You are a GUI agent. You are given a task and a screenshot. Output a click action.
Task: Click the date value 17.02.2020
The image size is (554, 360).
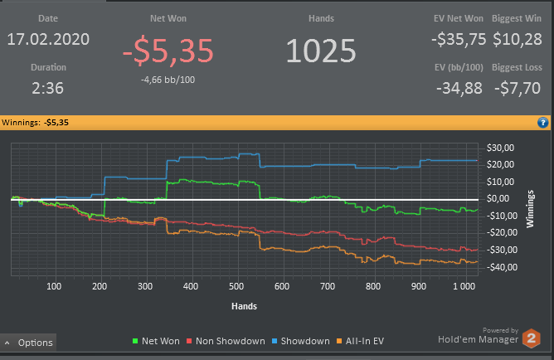click(x=49, y=39)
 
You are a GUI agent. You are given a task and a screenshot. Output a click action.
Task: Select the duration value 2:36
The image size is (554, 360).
click(x=49, y=87)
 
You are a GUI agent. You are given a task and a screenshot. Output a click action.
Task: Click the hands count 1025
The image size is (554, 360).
click(x=320, y=51)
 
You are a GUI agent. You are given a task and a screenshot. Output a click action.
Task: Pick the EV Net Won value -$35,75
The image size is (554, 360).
click(x=458, y=39)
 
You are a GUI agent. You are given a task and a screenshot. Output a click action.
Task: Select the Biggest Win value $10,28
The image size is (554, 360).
click(x=518, y=39)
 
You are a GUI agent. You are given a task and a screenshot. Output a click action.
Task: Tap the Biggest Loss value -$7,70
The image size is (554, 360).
click(x=518, y=87)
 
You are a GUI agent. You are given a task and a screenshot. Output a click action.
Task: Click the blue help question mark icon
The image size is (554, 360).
click(x=542, y=123)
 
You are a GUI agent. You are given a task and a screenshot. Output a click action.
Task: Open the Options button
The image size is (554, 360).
click(x=29, y=343)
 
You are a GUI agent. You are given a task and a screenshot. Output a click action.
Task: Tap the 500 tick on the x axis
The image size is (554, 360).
click(x=236, y=286)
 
